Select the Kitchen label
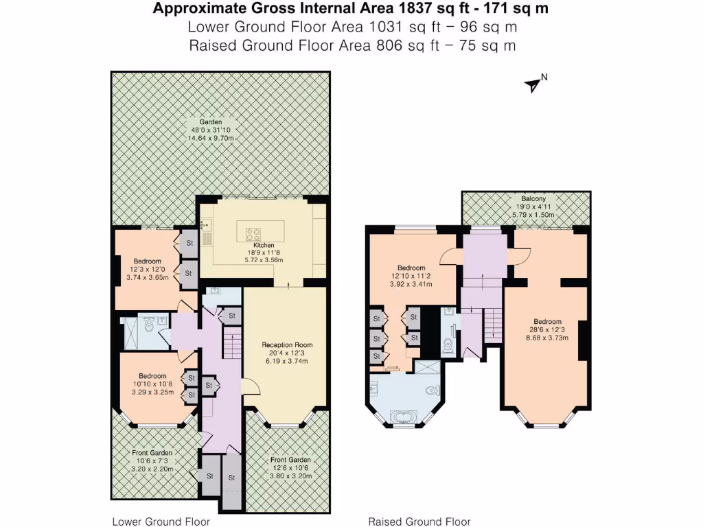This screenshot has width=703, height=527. (x=264, y=245)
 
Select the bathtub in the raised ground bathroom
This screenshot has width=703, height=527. (x=402, y=416)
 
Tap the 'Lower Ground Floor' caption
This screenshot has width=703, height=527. (x=161, y=522)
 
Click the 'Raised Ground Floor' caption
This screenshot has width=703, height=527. (x=419, y=522)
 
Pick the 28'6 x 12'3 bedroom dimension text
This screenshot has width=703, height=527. (x=548, y=329)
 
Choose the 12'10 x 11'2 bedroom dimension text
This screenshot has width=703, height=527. (x=408, y=275)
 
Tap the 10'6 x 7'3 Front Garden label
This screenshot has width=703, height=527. (x=152, y=461)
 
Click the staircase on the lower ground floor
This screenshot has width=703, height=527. (x=233, y=344)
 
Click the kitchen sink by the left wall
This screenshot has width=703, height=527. (x=205, y=224)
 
